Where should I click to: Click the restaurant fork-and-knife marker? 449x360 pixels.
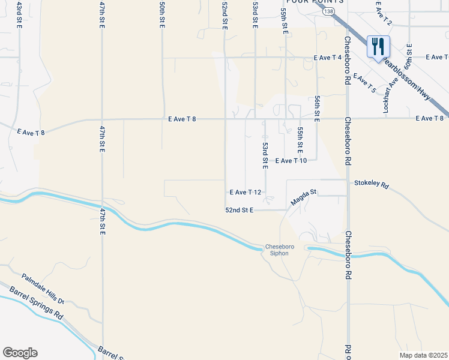coord(378,46)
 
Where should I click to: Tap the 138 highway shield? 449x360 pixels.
coord(328,11)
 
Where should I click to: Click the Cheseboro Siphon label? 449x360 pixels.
coord(277,250)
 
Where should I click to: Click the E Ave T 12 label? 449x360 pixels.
coord(246,192)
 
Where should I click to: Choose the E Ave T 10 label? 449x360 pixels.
coord(291,161)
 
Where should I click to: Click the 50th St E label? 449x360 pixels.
coord(162,13)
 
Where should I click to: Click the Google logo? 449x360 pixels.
coord(20,353)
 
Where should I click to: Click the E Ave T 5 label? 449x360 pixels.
coord(364,83)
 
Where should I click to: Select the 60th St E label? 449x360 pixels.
coord(409,56)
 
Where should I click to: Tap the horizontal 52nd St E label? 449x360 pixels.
coord(240,211)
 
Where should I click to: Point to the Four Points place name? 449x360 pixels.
coord(315,2)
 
